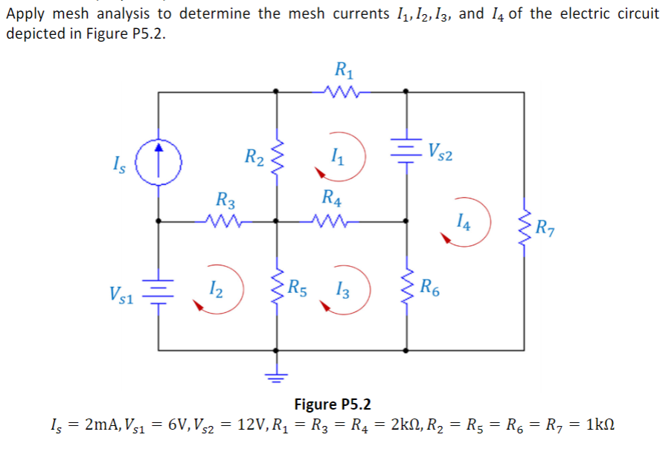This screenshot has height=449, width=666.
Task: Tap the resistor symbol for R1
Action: pyautogui.click(x=342, y=92)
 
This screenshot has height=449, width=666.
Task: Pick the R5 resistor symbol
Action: pyautogui.click(x=278, y=285)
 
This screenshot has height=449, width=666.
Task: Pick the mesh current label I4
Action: pyautogui.click(x=464, y=219)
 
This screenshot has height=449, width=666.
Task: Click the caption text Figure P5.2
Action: pyautogui.click(x=333, y=404)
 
